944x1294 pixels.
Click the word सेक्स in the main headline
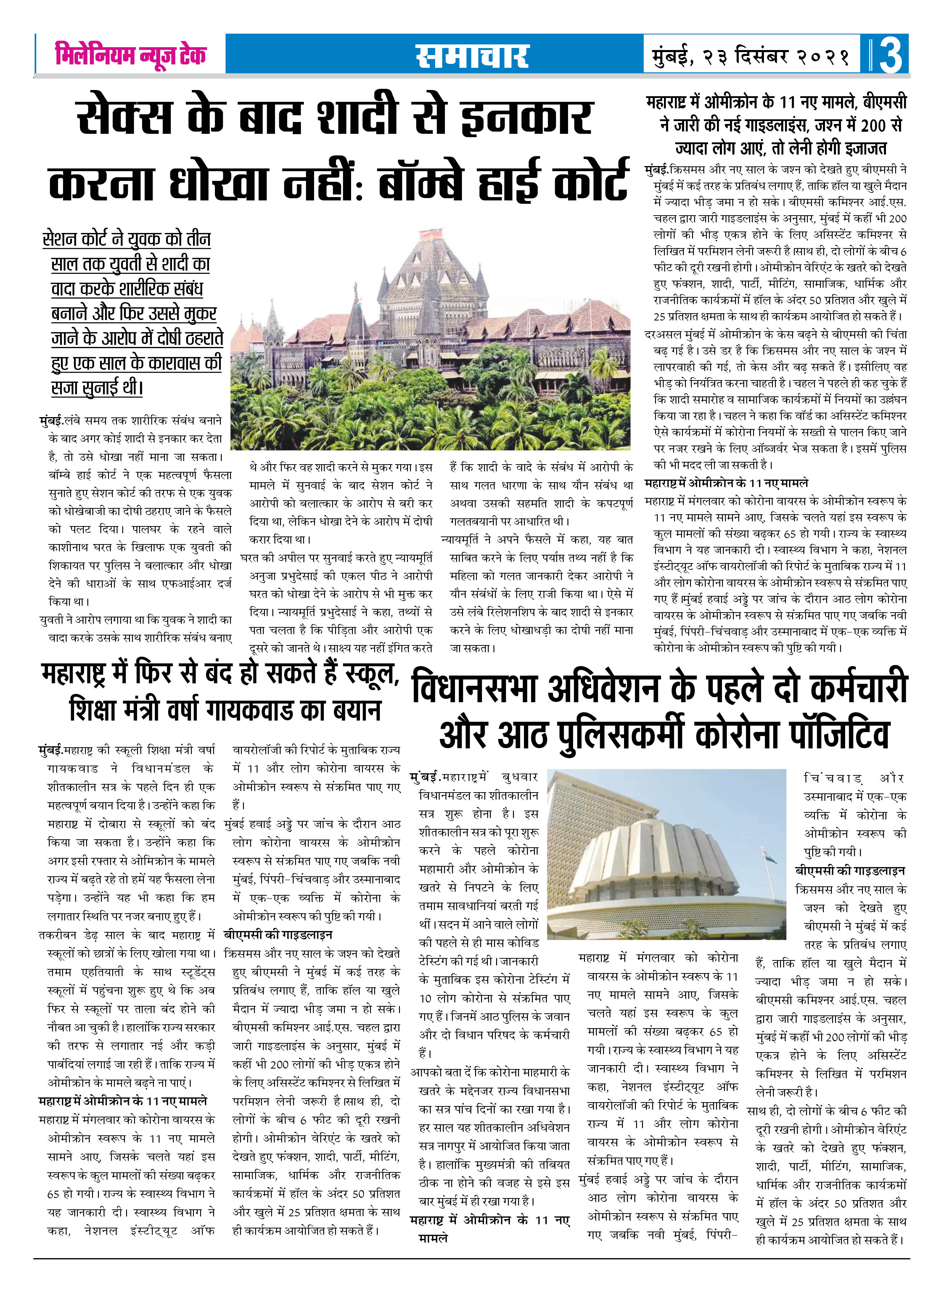125,117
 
